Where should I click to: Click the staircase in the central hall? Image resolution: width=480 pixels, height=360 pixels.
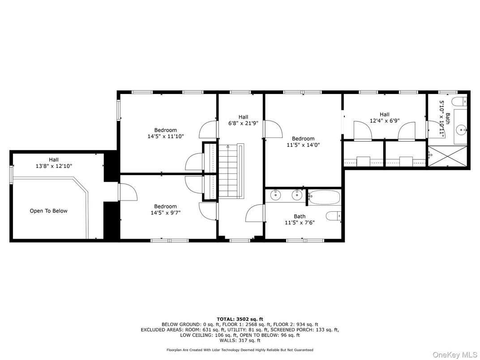click(231, 171)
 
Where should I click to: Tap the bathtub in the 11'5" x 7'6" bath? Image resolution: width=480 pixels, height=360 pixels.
click(324, 197)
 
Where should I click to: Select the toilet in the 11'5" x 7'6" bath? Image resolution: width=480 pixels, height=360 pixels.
click(334, 216)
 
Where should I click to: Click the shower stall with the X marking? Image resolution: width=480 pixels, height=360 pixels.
click(448, 156)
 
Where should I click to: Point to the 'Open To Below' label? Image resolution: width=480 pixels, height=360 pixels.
click(48, 210)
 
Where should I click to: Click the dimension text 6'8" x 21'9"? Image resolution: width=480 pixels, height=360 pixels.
click(243, 124)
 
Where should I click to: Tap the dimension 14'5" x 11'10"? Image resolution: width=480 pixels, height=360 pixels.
click(165, 136)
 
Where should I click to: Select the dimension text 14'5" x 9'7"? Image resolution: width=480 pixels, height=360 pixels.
click(165, 212)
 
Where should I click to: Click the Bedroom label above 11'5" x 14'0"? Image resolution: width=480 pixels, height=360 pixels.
click(303, 139)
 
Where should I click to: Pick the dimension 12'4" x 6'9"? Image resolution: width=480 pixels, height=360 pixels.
click(385, 120)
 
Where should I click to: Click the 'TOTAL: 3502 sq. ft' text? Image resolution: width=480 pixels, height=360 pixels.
click(240, 319)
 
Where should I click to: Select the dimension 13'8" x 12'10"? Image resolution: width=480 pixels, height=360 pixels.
click(54, 166)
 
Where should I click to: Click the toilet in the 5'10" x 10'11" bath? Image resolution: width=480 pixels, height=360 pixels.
click(460, 101)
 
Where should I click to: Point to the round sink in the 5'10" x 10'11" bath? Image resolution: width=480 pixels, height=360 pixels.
click(461, 130)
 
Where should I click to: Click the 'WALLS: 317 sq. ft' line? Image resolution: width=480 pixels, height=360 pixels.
click(240, 340)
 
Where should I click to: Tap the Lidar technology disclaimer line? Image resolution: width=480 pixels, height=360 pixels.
click(240, 350)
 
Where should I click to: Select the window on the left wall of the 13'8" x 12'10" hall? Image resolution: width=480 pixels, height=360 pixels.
click(11, 175)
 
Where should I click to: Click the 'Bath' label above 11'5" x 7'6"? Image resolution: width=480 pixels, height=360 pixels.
click(300, 216)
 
